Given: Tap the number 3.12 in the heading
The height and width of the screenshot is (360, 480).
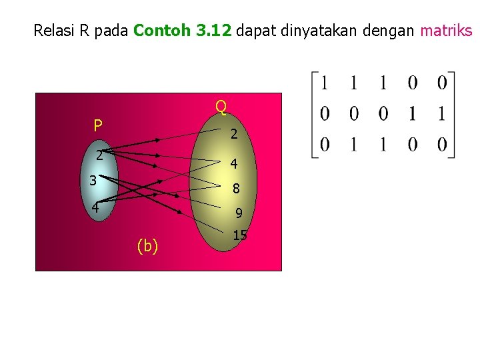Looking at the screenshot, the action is (213, 30).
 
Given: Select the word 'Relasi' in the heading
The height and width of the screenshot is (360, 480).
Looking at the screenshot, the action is (55, 30).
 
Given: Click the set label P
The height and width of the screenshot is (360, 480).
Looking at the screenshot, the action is (98, 125).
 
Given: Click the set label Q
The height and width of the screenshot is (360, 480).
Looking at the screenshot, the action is (221, 106).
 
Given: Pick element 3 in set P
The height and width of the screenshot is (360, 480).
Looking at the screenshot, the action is (94, 180).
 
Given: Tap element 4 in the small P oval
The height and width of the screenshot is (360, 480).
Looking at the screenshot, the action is (95, 207).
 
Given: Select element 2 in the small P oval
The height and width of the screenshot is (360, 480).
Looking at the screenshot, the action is (98, 156).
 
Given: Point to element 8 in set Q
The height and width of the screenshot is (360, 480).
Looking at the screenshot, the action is (236, 189).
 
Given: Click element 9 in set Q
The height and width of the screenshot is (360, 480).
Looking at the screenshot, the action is (238, 214).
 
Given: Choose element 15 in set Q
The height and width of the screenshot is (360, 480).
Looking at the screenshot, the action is (240, 235).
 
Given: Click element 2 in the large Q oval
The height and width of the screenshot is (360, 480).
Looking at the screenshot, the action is (233, 134).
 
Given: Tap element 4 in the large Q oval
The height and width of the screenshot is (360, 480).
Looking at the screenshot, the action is (234, 163).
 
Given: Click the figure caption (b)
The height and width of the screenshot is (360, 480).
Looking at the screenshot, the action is (147, 246).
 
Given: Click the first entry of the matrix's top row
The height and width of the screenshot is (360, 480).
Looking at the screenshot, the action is (325, 83).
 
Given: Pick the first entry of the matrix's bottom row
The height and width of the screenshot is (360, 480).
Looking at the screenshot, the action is (325, 145).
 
